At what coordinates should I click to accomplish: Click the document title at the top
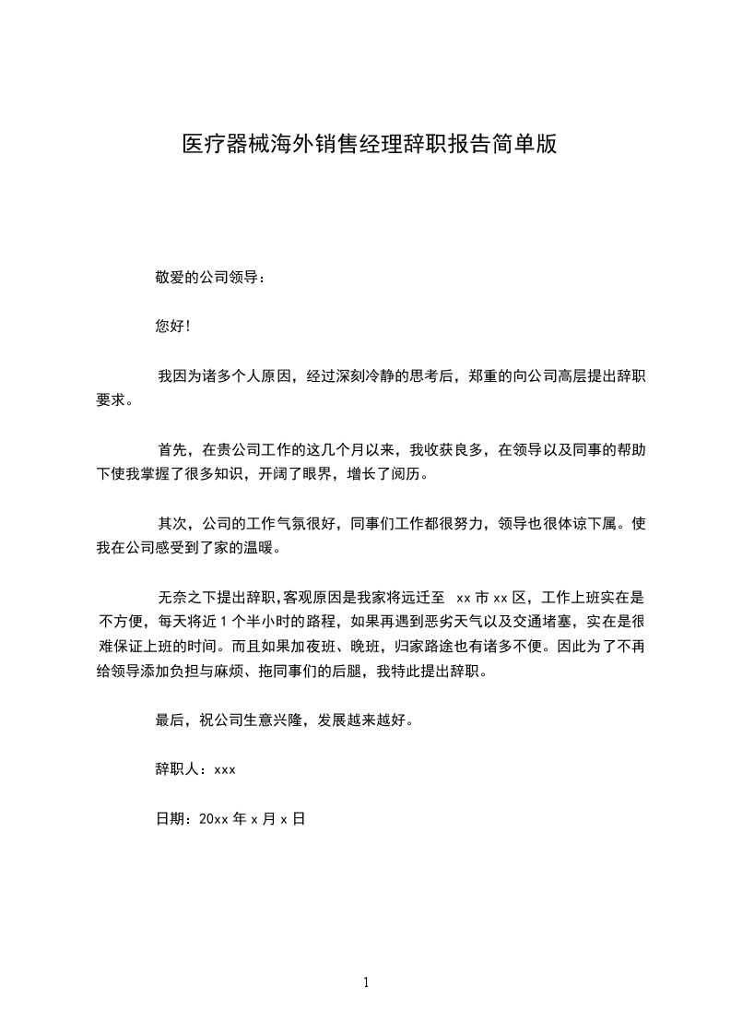pyautogui.click(x=369, y=145)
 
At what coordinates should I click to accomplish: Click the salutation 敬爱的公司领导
pyautogui.click(x=210, y=277)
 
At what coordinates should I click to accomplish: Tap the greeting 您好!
pyautogui.click(x=173, y=326)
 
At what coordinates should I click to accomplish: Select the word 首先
pyautogui.click(x=172, y=450)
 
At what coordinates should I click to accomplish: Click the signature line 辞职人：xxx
pyautogui.click(x=195, y=768)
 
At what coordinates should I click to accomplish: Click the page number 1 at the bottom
pyautogui.click(x=366, y=982)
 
